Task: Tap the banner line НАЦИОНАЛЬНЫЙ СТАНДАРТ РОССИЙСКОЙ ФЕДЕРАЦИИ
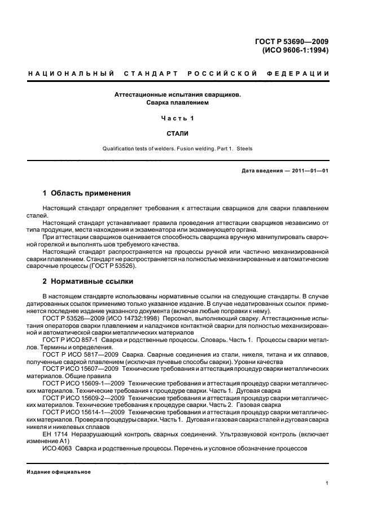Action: [179, 74]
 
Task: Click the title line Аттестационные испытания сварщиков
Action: [178, 95]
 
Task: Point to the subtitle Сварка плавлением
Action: [178, 103]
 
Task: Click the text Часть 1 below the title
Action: [178, 118]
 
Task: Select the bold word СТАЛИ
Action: [178, 133]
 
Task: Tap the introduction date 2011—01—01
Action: [310, 171]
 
